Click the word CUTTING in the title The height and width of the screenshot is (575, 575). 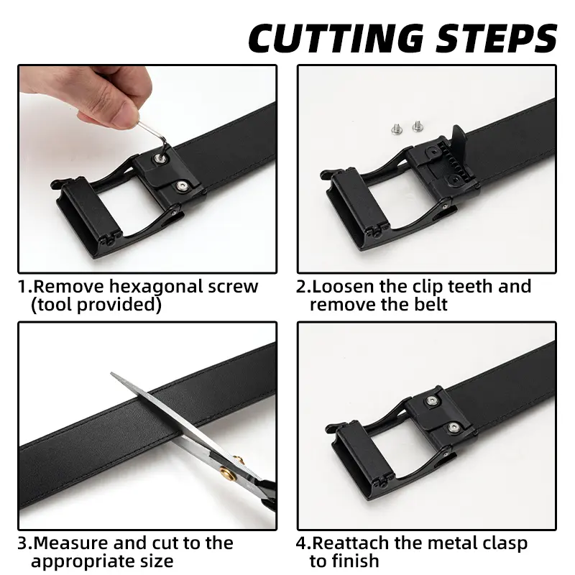pos(336,38)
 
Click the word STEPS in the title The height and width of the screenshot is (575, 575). pos(496,38)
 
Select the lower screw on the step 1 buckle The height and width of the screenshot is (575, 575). pos(181,186)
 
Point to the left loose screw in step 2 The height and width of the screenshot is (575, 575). pos(396,129)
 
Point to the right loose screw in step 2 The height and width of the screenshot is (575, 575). pos(418,126)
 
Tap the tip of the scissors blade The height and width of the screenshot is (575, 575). pos(111,373)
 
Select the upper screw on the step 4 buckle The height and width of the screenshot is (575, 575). pos(433,401)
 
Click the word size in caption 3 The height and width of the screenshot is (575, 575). pos(156,561)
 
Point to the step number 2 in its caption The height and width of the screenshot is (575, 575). pos(300,287)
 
